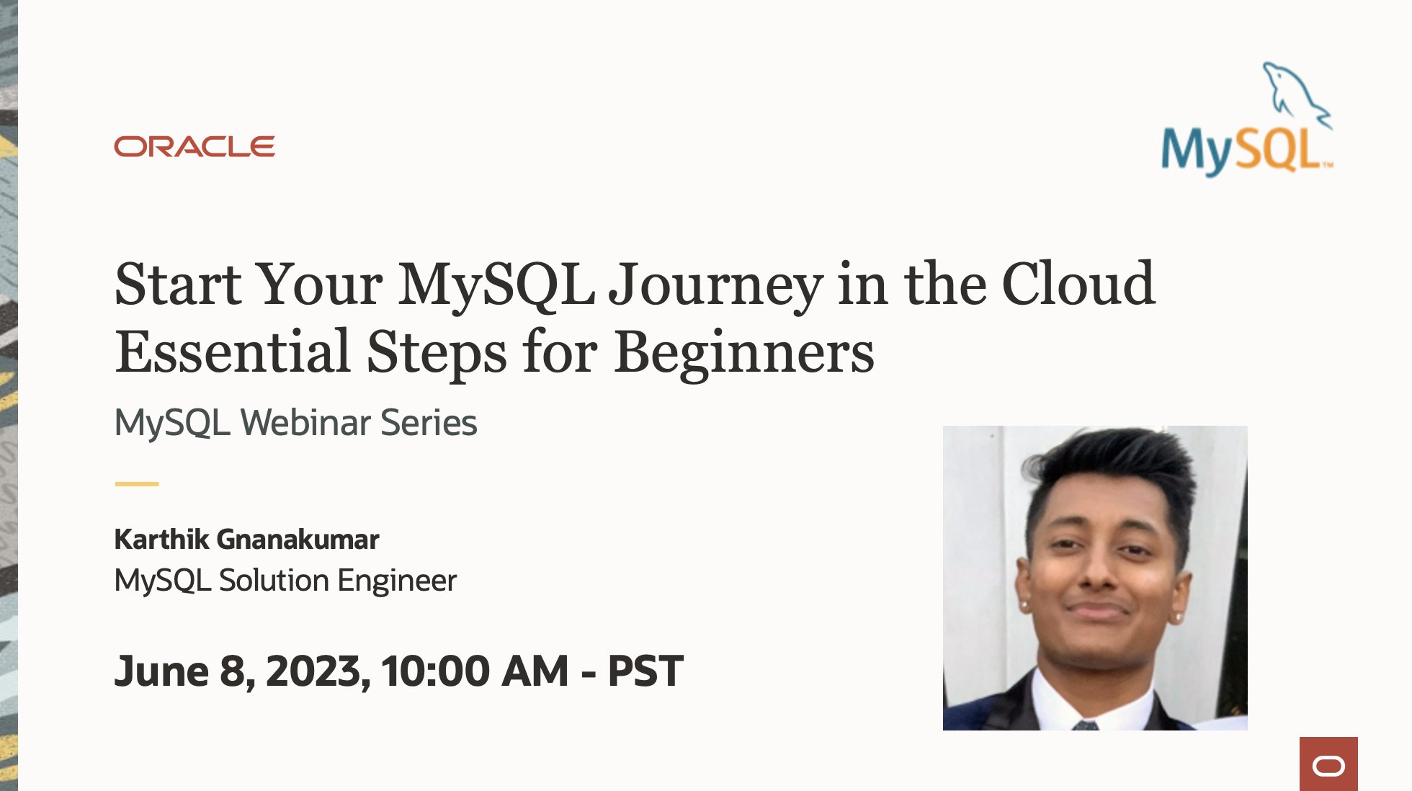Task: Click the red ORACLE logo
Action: coord(195,146)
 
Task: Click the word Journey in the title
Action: coord(715,285)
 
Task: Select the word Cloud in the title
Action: coord(1078,285)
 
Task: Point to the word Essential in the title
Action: coord(233,352)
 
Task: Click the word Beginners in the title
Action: coord(744,352)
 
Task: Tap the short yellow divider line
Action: coord(137,484)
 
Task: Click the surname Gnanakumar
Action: coord(298,540)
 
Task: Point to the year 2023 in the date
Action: coord(314,671)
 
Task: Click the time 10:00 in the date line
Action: coord(437,671)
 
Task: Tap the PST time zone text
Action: coord(645,671)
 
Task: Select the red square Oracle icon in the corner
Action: coord(1328,764)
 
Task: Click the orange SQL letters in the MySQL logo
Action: coord(1279,151)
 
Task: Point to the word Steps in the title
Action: coord(437,352)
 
